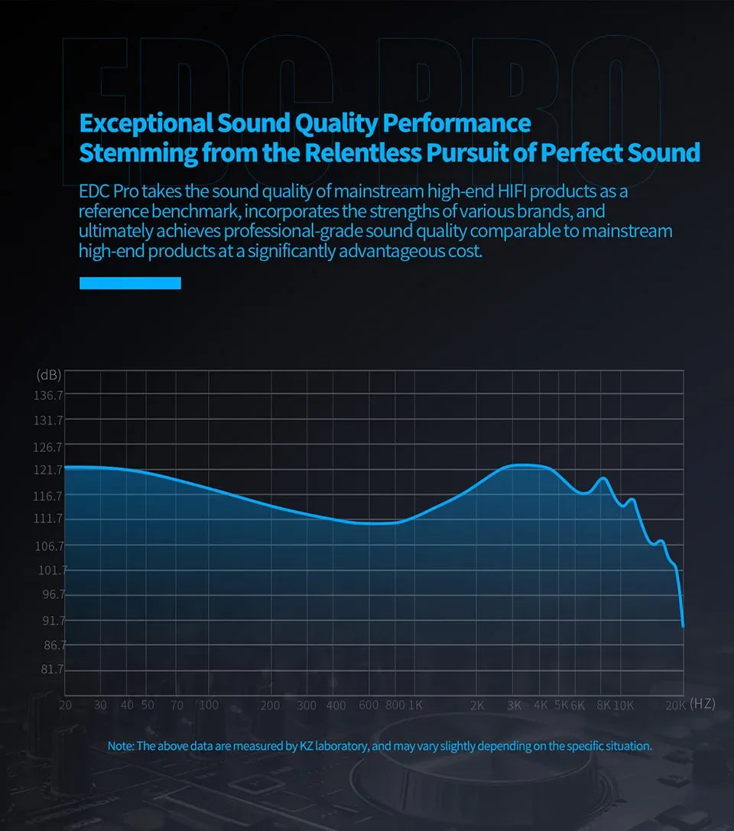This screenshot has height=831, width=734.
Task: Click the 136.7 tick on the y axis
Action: point(49,396)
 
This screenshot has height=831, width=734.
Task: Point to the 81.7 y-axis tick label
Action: point(49,670)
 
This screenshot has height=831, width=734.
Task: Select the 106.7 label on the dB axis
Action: point(49,546)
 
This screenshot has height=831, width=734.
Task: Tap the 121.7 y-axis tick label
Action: point(49,470)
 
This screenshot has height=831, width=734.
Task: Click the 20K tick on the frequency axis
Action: point(675,705)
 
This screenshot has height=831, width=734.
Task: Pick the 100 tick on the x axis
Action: point(209,705)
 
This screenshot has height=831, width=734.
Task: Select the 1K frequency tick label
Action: point(416,705)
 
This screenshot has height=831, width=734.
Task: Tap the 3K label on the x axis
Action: point(514,705)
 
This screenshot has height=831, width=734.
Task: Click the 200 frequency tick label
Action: point(270,705)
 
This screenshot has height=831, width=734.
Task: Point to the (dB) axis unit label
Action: point(49,375)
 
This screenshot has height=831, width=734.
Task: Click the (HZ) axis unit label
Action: point(702,704)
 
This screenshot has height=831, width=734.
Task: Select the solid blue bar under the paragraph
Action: point(130,283)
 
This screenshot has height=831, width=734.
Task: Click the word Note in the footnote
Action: point(120,745)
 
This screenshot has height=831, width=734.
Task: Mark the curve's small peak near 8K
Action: point(604,478)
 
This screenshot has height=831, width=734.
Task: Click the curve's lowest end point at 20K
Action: point(683,626)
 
